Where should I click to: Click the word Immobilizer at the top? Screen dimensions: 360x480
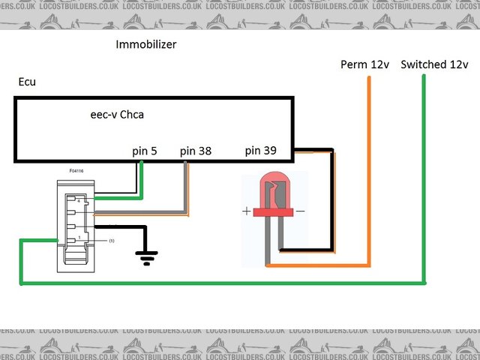pyautogui.click(x=145, y=44)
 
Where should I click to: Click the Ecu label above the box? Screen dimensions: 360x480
pyautogui.click(x=27, y=81)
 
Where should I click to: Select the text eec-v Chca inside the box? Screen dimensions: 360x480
pyautogui.click(x=117, y=115)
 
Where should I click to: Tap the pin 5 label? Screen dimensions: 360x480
pyautogui.click(x=145, y=151)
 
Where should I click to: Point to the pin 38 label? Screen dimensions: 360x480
pyautogui.click(x=196, y=151)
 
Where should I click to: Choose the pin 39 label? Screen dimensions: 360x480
pyautogui.click(x=260, y=151)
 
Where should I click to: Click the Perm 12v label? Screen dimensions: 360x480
pyautogui.click(x=365, y=64)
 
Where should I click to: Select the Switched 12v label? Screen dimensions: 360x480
pyautogui.click(x=435, y=64)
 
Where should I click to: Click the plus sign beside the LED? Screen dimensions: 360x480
pyautogui.click(x=247, y=211)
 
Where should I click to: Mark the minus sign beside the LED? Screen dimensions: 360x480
pyautogui.click(x=300, y=211)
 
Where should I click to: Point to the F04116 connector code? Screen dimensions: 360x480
pyautogui.click(x=76, y=171)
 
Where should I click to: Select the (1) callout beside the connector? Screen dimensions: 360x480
pyautogui.click(x=111, y=241)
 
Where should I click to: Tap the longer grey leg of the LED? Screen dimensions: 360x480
pyautogui.click(x=268, y=240)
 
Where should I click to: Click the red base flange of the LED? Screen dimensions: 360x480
pyautogui.click(x=273, y=213)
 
